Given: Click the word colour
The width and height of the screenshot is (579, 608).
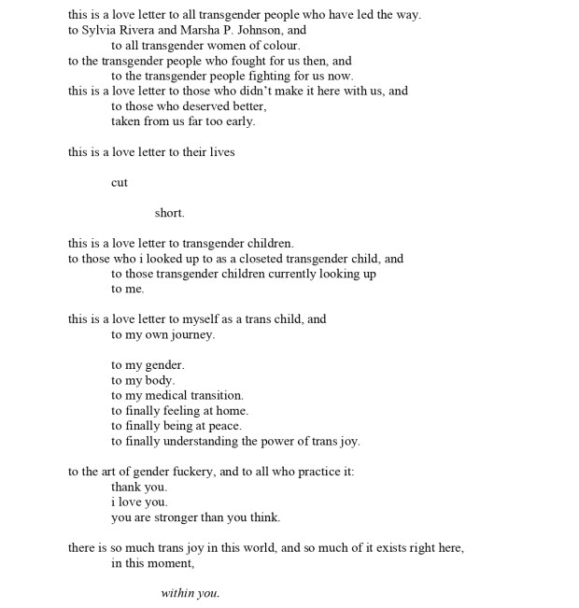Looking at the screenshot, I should [x=279, y=45].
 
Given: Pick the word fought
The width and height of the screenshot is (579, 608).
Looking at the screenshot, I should [x=239, y=61].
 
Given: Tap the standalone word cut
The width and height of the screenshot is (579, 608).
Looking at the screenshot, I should [x=120, y=183].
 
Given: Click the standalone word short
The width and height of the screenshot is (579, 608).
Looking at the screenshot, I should [x=169, y=213].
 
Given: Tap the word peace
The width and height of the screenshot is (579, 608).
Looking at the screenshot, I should [x=224, y=426].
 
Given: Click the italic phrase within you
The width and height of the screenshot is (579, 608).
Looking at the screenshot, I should [x=190, y=593].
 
